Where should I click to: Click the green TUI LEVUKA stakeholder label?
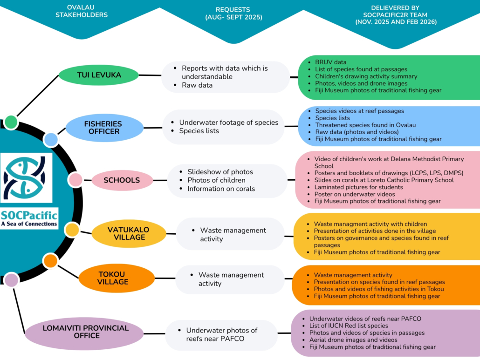point(98,75)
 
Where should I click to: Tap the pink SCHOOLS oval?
point(122,180)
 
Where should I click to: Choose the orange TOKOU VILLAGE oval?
point(116,278)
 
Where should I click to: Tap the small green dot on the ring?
point(11,122)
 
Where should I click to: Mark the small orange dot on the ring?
point(50,261)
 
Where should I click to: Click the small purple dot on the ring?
point(11,280)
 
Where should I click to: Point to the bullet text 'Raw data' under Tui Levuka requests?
point(197,85)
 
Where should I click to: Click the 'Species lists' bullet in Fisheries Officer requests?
point(199,131)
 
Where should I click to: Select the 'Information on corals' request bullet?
point(221,189)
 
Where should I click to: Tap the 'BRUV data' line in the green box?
point(330,62)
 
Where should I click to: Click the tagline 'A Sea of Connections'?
point(29,224)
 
